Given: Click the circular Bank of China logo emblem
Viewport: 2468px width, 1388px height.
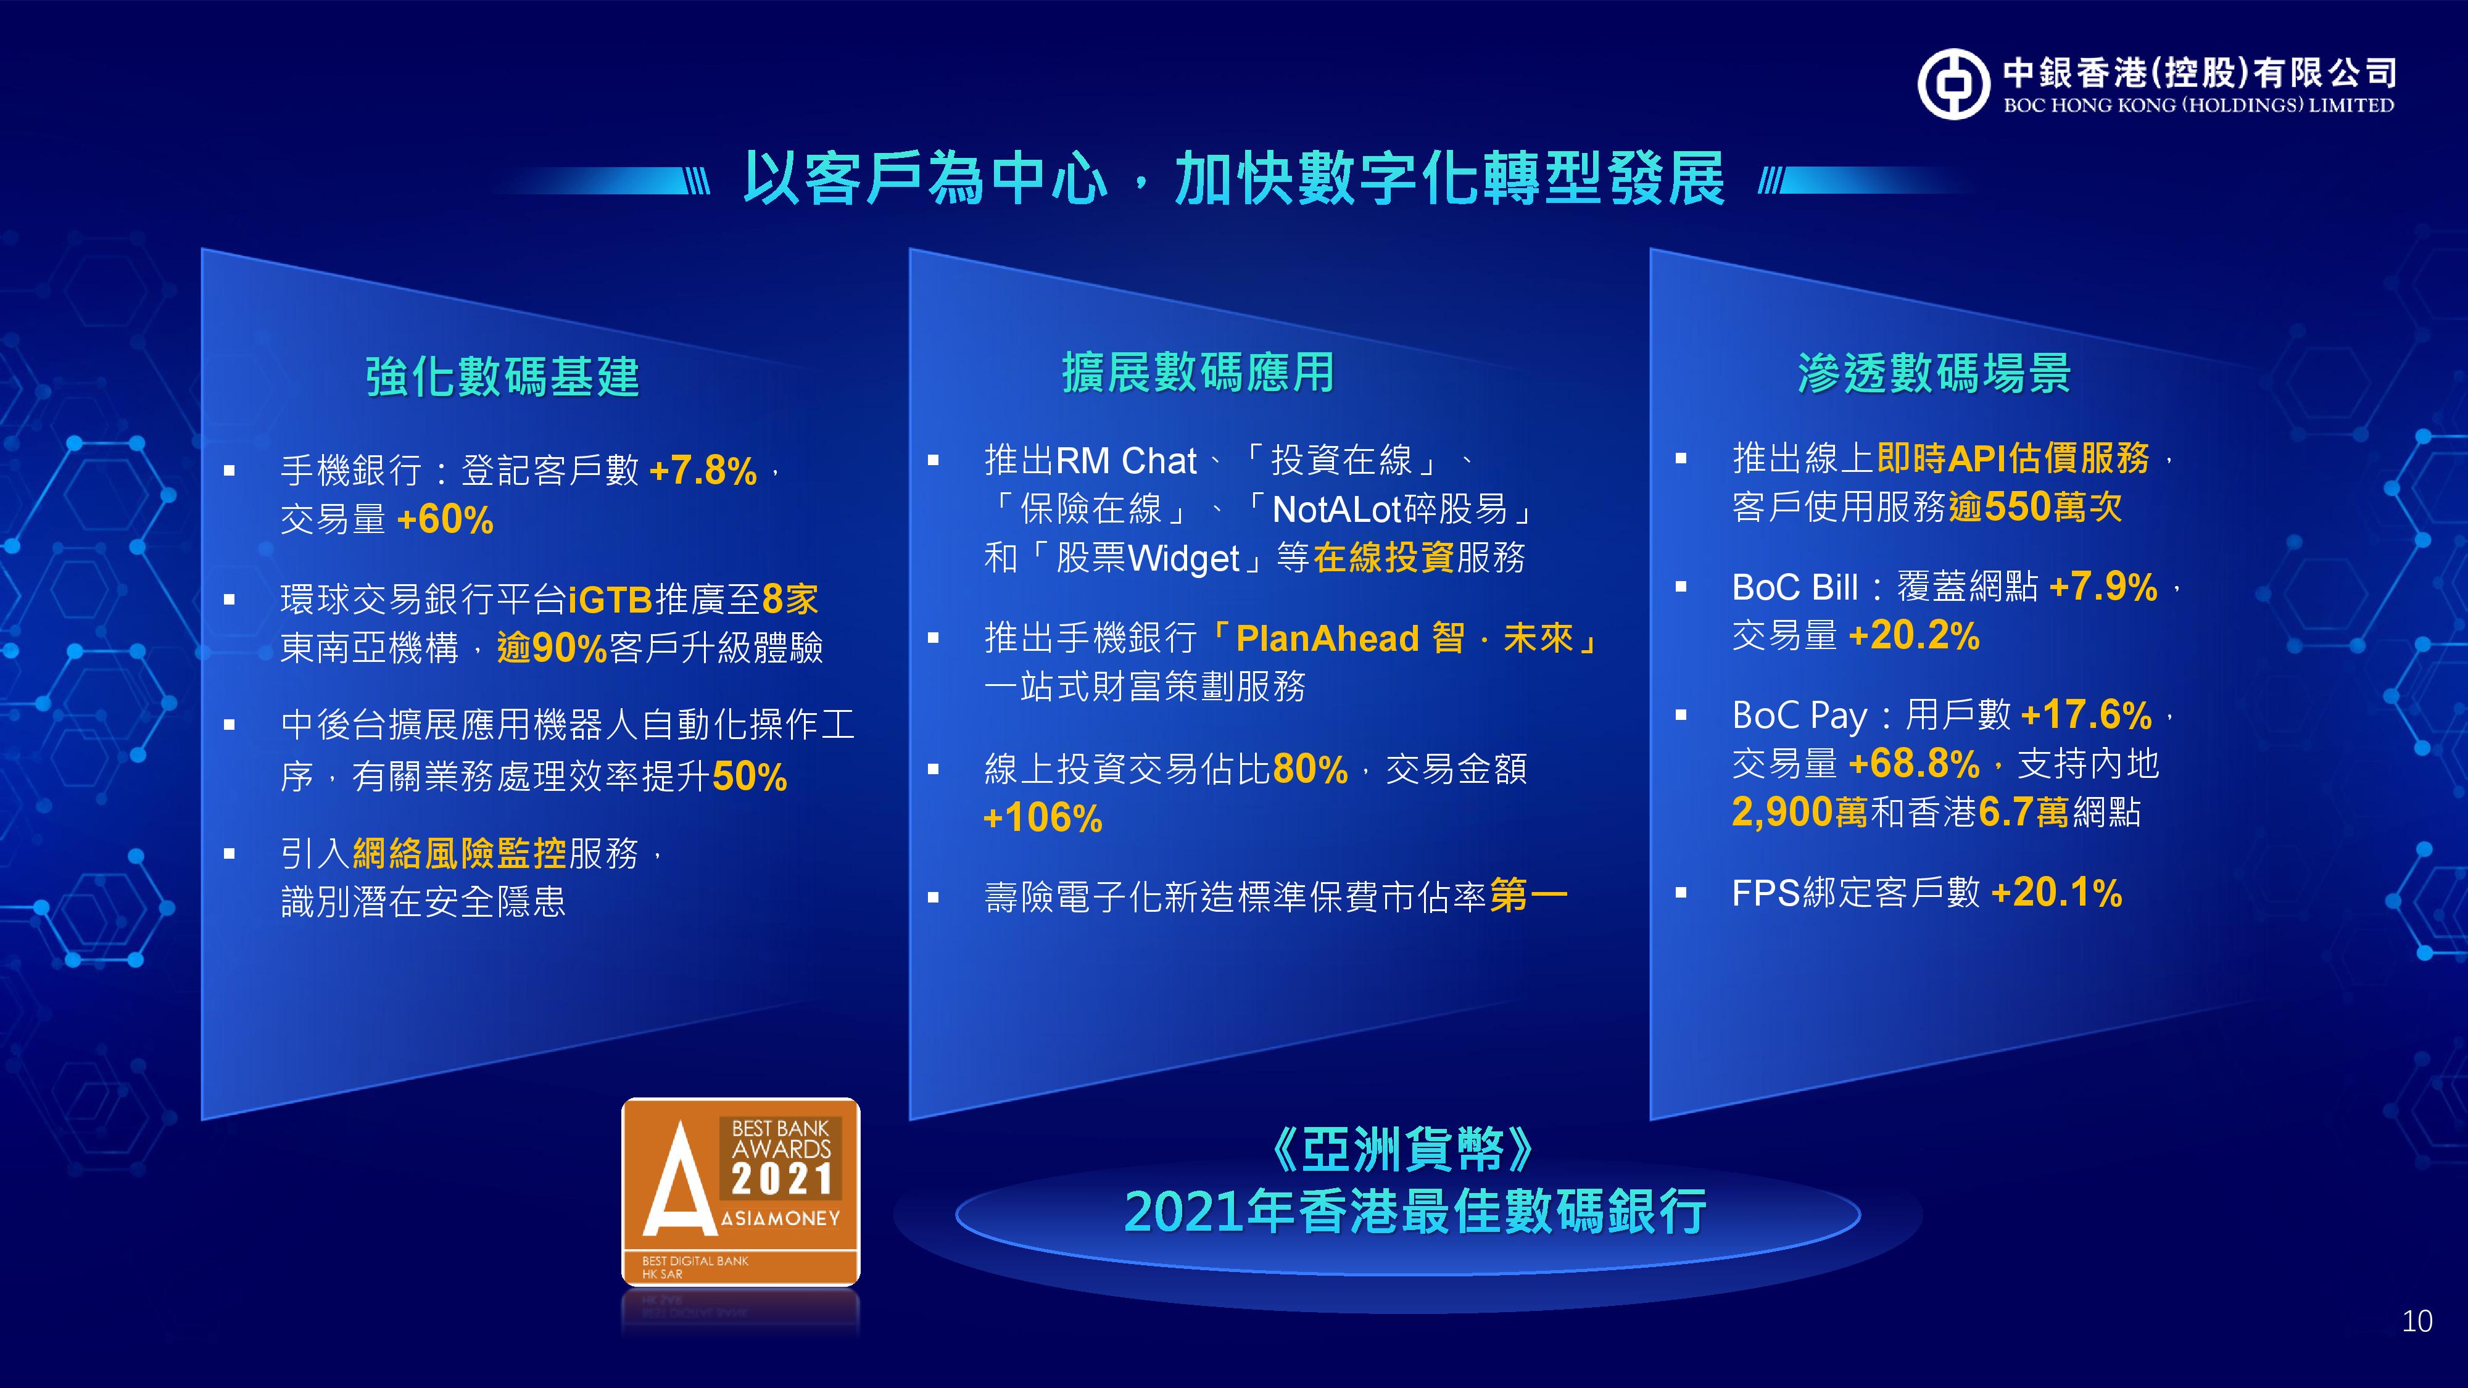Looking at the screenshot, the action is [x=1953, y=85].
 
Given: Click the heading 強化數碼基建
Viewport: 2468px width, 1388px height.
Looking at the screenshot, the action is [x=502, y=376].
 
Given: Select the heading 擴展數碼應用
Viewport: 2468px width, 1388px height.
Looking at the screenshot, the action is [x=1198, y=373].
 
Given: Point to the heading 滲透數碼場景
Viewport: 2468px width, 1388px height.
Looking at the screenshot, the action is [x=1934, y=373].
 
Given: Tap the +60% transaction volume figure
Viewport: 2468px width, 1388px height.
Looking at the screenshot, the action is [x=444, y=519].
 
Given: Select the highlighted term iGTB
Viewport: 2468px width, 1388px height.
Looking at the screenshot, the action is [x=610, y=600].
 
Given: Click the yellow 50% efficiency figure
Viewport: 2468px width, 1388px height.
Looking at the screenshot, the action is [x=749, y=776].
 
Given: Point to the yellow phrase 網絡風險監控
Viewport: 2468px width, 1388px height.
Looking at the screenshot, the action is [x=460, y=853].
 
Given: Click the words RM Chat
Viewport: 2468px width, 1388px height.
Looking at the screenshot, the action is [x=1126, y=461].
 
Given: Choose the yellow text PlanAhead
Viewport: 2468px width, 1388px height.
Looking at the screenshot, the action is [x=1327, y=638].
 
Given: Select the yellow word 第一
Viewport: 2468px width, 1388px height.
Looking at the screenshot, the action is [x=1529, y=896].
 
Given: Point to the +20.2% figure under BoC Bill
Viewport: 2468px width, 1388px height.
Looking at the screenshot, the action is [x=1913, y=635].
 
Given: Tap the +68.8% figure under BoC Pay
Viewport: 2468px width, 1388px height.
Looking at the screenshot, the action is [x=1913, y=764].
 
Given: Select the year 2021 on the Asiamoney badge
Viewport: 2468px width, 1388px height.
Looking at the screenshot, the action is [x=782, y=1178].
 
